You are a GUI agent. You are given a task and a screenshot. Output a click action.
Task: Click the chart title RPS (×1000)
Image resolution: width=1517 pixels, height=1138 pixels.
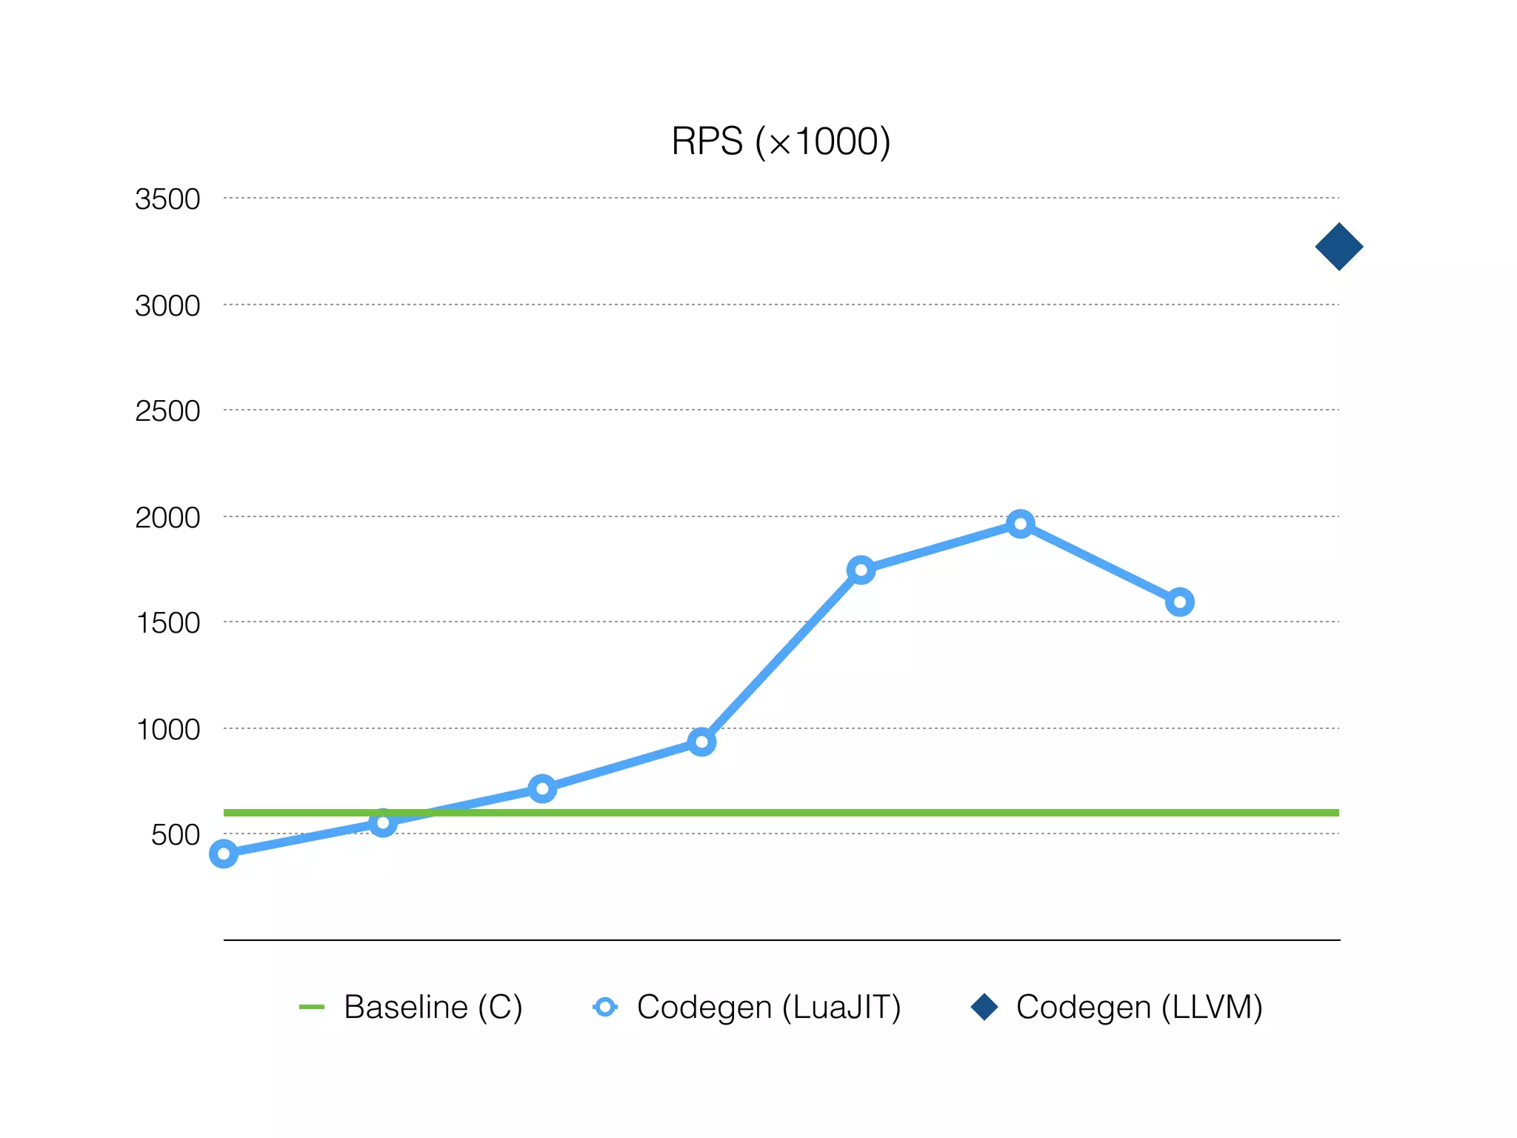[x=780, y=142]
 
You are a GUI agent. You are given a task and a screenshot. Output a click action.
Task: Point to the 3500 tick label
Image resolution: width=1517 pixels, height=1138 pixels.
[x=167, y=199]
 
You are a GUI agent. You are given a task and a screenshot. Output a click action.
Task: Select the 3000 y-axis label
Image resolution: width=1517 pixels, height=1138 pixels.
[x=167, y=305]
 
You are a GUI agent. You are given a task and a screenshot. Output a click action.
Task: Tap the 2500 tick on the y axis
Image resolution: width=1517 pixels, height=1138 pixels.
[x=167, y=411]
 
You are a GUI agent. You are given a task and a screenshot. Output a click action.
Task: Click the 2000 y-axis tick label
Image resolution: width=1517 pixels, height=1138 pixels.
[x=167, y=517]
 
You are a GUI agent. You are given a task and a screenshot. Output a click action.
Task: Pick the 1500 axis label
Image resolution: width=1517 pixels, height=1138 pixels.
[x=167, y=623]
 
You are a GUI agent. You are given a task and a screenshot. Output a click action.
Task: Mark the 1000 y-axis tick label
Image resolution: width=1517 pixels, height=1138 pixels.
[x=167, y=730]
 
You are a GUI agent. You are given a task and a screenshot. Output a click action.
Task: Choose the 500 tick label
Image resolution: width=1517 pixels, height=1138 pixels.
[x=176, y=835]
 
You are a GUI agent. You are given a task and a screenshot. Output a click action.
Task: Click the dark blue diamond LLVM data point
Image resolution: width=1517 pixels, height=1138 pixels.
[x=1338, y=247]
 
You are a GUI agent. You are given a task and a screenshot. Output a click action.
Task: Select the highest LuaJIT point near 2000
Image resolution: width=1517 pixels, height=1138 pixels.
[x=1020, y=525]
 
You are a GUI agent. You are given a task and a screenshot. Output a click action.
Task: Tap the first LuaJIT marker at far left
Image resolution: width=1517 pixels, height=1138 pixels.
[x=224, y=853]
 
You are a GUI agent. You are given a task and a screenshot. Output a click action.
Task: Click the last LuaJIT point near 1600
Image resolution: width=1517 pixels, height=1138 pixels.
[x=1179, y=602]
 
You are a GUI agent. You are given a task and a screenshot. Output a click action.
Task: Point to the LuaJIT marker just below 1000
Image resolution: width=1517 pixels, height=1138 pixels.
[x=701, y=742]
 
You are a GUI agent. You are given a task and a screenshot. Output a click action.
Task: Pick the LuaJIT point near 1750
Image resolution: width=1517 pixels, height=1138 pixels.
[x=861, y=570]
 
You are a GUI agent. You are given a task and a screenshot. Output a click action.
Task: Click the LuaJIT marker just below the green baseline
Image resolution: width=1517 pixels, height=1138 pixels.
[x=383, y=822]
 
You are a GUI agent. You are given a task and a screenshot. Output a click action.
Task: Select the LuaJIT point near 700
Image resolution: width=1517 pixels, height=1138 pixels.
[x=542, y=789]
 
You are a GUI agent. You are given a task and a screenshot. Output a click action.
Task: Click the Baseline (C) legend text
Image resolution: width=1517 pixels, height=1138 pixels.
[x=433, y=1007]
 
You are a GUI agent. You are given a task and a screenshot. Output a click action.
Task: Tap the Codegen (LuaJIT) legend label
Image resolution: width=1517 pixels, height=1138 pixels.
[x=769, y=1007]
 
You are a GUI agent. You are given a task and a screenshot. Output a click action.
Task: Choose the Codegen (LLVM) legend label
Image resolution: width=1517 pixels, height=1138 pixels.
[x=1138, y=1007]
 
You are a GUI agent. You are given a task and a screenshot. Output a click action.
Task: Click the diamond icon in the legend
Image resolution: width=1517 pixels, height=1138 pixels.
[x=984, y=1007]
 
